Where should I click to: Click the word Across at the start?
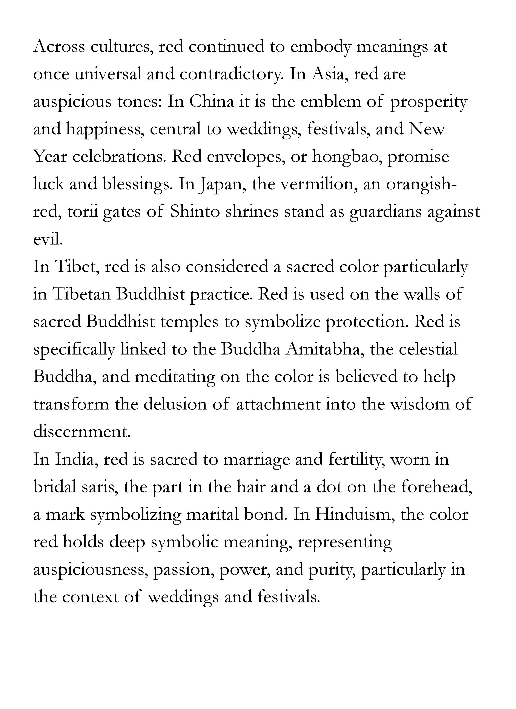tap(59, 47)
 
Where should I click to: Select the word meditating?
tap(175, 377)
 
